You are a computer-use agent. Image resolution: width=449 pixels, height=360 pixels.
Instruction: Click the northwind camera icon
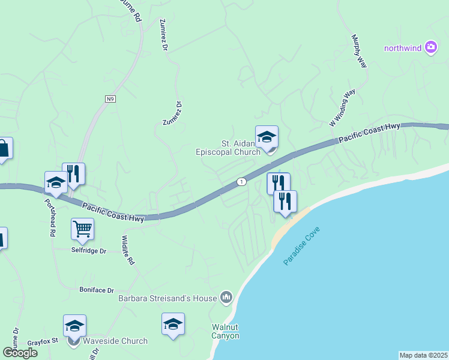point(431,47)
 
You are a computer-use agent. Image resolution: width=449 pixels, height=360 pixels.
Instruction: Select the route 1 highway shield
point(241,182)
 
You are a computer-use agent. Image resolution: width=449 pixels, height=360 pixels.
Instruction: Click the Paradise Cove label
point(302,246)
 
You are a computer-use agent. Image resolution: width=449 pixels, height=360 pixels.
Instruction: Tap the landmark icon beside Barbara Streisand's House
point(226,296)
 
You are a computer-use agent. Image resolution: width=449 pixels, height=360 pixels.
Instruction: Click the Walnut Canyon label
point(226,331)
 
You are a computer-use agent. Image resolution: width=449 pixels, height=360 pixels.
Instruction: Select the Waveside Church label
point(115,341)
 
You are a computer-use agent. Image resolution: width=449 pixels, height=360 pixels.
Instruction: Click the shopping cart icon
point(82,228)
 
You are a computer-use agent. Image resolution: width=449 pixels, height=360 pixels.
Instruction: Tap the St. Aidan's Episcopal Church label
point(229,148)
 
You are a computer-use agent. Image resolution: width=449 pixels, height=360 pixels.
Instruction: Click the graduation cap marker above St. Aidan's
point(267,137)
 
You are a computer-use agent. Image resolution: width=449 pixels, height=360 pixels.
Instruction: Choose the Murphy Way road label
point(358,51)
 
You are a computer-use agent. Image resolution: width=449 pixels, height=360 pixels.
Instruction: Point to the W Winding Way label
point(343,108)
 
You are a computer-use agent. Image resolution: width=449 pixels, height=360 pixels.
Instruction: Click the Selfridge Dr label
point(89,250)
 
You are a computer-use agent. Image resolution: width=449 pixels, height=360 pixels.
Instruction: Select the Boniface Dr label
point(97,290)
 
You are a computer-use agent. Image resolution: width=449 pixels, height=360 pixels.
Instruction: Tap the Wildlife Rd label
point(128,250)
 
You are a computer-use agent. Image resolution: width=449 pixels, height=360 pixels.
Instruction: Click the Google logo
point(20,352)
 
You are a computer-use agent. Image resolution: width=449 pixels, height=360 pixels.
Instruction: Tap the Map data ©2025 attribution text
point(423,355)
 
